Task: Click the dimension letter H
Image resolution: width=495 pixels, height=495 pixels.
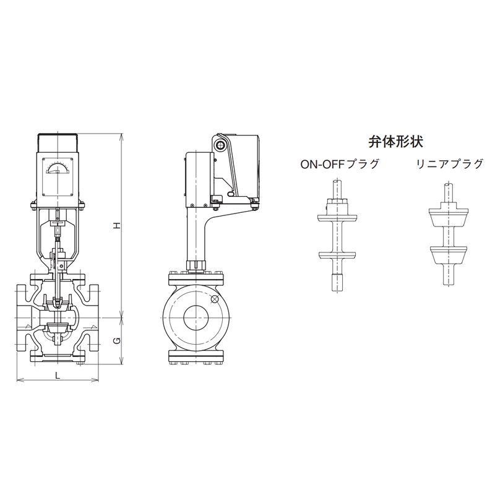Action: click(x=118, y=225)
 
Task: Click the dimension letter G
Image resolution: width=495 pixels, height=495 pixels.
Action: click(x=117, y=341)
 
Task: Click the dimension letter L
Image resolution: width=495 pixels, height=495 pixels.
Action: click(x=58, y=376)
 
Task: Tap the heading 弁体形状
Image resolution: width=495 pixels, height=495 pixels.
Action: click(x=395, y=142)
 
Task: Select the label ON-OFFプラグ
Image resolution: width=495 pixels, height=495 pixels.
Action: click(x=340, y=164)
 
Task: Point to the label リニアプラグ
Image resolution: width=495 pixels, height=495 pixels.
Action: click(x=450, y=164)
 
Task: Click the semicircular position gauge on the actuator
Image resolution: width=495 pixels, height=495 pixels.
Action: click(x=58, y=168)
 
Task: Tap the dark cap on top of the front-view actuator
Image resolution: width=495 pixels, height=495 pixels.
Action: click(x=58, y=143)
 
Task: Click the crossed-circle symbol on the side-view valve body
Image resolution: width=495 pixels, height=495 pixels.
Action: click(x=215, y=299)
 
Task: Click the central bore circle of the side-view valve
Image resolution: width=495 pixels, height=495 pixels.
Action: click(x=196, y=318)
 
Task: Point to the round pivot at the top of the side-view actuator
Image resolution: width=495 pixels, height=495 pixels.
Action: click(x=220, y=145)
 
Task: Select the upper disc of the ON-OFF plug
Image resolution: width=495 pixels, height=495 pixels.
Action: click(x=337, y=218)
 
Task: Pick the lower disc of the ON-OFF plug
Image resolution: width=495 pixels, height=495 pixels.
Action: click(x=337, y=255)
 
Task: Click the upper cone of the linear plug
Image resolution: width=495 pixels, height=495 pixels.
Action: click(x=448, y=217)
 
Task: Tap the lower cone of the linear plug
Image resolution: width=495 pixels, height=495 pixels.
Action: click(x=448, y=255)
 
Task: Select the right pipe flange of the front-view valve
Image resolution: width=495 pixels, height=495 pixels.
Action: click(x=94, y=317)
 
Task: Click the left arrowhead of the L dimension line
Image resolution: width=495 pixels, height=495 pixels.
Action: click(x=19, y=380)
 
